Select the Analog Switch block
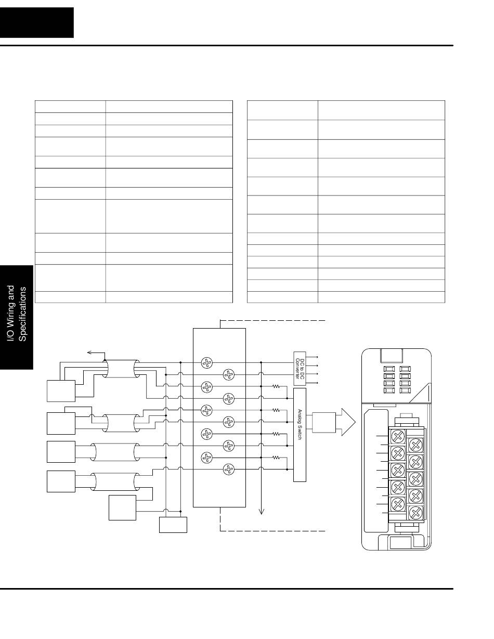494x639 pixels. coord(300,435)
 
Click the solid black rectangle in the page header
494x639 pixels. coord(37,22)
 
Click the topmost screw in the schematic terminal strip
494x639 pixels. coord(207,363)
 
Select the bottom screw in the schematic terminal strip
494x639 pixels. coord(227,470)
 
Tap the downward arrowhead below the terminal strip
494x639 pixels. coord(261,511)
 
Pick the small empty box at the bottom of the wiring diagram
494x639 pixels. coord(173,525)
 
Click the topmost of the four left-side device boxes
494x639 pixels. coord(60,391)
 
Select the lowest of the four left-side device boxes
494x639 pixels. coord(60,481)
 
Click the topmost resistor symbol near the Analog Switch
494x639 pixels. coord(276,386)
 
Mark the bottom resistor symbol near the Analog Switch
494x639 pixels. coord(276,457)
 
